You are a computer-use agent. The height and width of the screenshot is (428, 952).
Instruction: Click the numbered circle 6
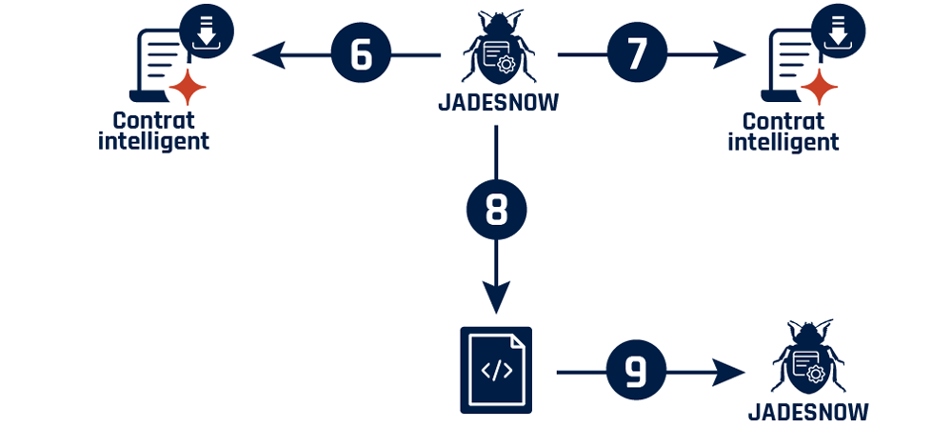[x=361, y=55]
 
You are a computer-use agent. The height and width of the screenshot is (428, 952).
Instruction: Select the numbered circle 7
[x=637, y=55]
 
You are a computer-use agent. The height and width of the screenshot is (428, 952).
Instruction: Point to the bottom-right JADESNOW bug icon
[x=808, y=360]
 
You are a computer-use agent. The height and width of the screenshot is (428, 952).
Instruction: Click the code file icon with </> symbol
[x=496, y=370]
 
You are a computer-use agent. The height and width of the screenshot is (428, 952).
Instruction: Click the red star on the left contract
[x=188, y=88]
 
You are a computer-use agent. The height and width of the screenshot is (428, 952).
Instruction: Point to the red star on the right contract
[x=818, y=88]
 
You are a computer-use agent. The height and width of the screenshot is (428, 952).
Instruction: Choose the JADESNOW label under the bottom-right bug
[x=808, y=412]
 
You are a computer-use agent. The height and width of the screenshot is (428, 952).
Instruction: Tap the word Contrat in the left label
[x=153, y=121]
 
